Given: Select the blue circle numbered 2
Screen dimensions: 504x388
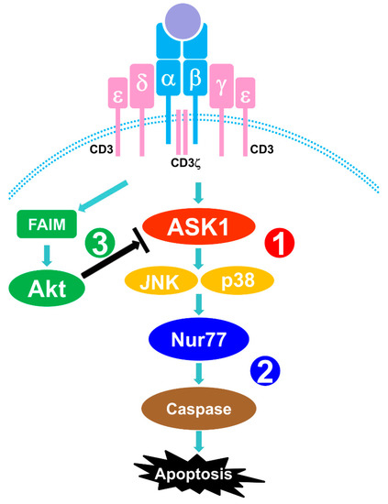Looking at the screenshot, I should [x=267, y=374].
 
